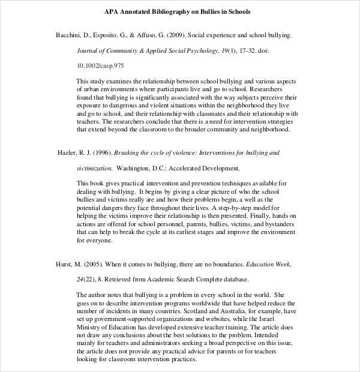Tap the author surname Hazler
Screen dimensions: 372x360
tap(69, 153)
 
